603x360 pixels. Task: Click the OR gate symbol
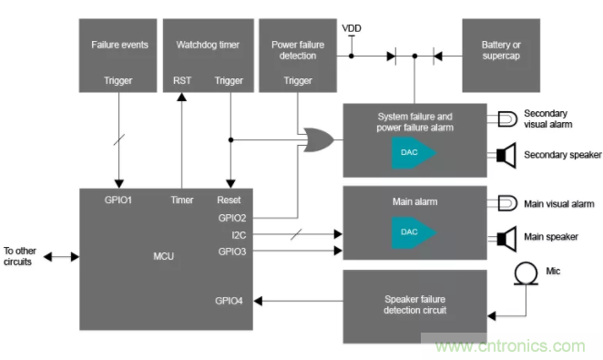coord(319,140)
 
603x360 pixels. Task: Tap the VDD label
coord(352,28)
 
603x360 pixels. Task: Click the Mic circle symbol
coord(526,273)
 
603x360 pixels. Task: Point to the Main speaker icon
coord(506,239)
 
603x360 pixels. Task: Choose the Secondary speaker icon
coord(506,155)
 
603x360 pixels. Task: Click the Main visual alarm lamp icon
coord(507,203)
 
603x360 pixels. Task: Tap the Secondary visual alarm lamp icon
coord(507,119)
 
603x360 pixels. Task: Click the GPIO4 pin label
coord(229,301)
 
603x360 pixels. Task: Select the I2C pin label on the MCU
coord(239,235)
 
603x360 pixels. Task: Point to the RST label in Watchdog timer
coord(182,80)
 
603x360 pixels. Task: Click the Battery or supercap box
coord(501,56)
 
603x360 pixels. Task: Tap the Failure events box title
coord(119,45)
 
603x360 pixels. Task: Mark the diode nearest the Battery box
coord(437,57)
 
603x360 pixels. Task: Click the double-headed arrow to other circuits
coord(62,256)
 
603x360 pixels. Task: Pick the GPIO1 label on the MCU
coord(118,200)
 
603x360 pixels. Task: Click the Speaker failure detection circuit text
coord(415,304)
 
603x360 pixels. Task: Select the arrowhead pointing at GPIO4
coord(258,301)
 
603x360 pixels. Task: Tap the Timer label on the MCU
coord(182,200)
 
